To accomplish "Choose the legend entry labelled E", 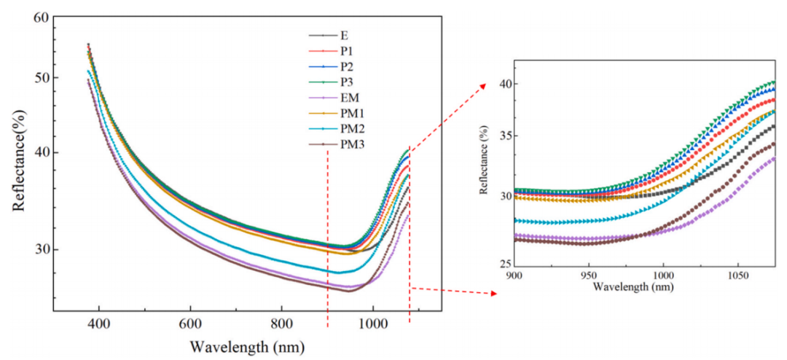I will pos(342,34).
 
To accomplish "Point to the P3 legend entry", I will pos(345,82).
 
